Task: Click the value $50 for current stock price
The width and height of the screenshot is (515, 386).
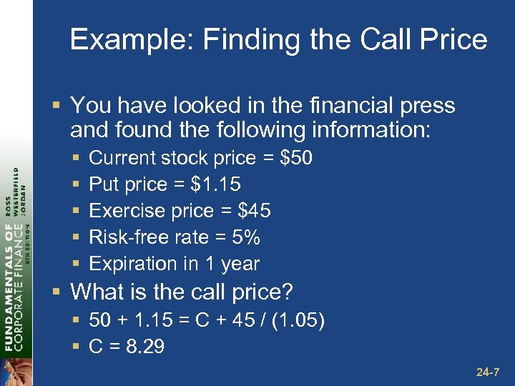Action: coord(297,157)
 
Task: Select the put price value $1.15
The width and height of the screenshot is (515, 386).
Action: coord(216,184)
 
